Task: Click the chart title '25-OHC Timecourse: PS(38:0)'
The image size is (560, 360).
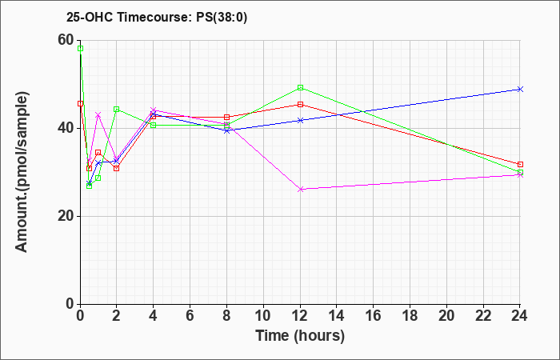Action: point(157,17)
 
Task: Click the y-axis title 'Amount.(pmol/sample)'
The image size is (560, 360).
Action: point(22,172)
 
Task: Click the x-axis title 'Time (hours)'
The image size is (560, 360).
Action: point(300,336)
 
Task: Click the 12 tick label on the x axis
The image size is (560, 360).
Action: point(300,315)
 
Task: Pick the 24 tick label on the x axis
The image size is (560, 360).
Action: point(519,315)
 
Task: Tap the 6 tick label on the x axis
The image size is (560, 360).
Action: point(190,315)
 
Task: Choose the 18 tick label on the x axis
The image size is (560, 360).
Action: point(410,315)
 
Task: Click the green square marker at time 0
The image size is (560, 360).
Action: point(80,49)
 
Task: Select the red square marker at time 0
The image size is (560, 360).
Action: point(80,103)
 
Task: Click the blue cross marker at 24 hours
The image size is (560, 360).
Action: point(520,89)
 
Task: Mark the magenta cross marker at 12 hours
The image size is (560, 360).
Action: point(300,190)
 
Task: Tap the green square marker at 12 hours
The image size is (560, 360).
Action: point(300,87)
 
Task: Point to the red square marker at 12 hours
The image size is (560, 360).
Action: point(300,104)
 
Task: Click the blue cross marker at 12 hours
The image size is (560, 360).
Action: point(300,120)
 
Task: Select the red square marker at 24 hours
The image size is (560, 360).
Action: point(520,164)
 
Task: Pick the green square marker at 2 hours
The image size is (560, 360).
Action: point(117,110)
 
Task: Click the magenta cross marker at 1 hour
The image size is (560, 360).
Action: point(98,114)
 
